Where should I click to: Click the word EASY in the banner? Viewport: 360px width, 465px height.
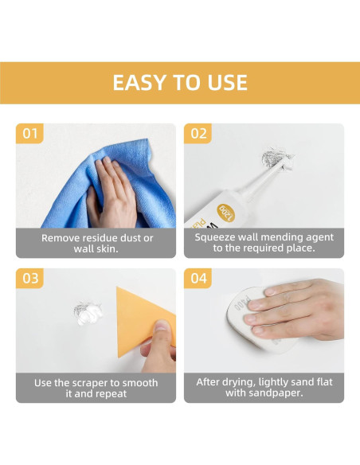point(140,82)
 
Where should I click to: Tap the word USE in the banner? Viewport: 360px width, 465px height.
point(228,82)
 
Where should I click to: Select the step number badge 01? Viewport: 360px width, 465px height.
point(29,134)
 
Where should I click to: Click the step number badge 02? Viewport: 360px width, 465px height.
point(198,134)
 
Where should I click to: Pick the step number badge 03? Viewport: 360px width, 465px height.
point(29,278)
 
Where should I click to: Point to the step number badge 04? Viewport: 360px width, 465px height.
point(198,278)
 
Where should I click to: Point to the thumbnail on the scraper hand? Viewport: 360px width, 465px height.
point(162,326)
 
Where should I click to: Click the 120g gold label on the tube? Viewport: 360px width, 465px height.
point(226,213)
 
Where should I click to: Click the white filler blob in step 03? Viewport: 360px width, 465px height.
point(89,314)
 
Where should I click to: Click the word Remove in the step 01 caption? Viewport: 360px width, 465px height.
point(61,238)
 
